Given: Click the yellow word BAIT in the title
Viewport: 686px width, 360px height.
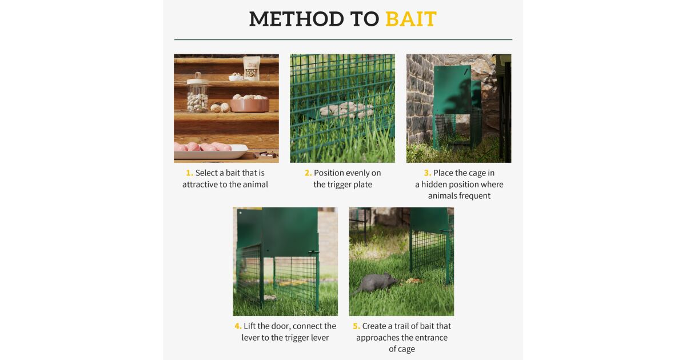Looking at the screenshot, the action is [x=410, y=19].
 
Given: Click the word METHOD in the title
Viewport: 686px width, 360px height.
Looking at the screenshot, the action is [x=297, y=19].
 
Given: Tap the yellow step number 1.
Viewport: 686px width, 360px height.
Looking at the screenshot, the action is [x=189, y=173].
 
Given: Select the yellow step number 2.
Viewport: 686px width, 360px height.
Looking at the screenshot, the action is [x=308, y=173].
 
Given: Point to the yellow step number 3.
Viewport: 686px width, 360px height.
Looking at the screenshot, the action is [x=427, y=173].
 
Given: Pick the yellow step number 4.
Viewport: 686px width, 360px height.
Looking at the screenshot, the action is [x=238, y=326].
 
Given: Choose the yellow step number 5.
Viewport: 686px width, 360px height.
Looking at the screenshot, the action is [x=356, y=326].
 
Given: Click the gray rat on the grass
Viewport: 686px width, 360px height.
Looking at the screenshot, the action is [x=375, y=282].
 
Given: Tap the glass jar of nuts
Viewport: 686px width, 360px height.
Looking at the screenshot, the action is [x=198, y=93].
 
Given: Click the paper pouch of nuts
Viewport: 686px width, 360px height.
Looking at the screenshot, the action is [x=252, y=69].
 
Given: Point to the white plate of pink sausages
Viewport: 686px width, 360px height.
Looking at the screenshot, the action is [x=211, y=151].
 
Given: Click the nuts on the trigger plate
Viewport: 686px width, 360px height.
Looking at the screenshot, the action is [x=346, y=110].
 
